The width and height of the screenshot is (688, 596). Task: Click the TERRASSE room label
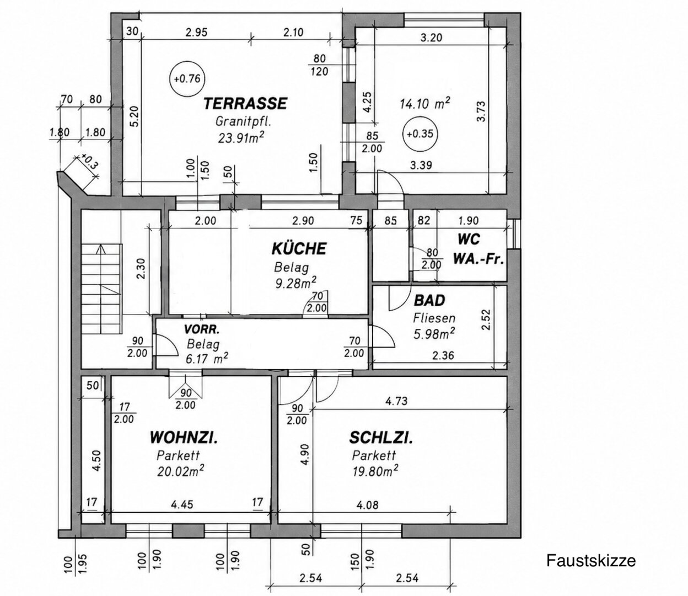pyautogui.click(x=245, y=103)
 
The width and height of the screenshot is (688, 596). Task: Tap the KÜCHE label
pyautogui.click(x=299, y=248)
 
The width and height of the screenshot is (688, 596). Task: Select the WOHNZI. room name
pyautogui.click(x=184, y=438)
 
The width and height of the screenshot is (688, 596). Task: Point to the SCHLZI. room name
pyautogui.click(x=381, y=438)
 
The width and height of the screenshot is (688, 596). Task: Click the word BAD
pyautogui.click(x=429, y=301)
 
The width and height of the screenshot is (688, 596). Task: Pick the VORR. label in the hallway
pyautogui.click(x=202, y=330)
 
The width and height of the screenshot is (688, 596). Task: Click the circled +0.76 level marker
pyautogui.click(x=187, y=79)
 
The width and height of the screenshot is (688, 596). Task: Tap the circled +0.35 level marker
pyautogui.click(x=420, y=134)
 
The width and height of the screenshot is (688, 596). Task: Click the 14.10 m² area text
pyautogui.click(x=424, y=104)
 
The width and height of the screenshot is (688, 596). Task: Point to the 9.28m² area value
pyautogui.click(x=295, y=283)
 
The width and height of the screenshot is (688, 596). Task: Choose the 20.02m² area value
pyautogui.click(x=181, y=471)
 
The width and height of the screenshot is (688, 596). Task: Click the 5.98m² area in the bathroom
pyautogui.click(x=434, y=333)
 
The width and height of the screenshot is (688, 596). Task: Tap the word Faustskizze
pyautogui.click(x=591, y=561)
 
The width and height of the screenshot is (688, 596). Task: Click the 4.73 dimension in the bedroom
pyautogui.click(x=396, y=401)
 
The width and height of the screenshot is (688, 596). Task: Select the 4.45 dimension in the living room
pyautogui.click(x=182, y=504)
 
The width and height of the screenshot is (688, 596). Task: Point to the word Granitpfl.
pyautogui.click(x=243, y=121)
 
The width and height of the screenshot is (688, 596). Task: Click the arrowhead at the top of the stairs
pyautogui.click(x=101, y=248)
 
